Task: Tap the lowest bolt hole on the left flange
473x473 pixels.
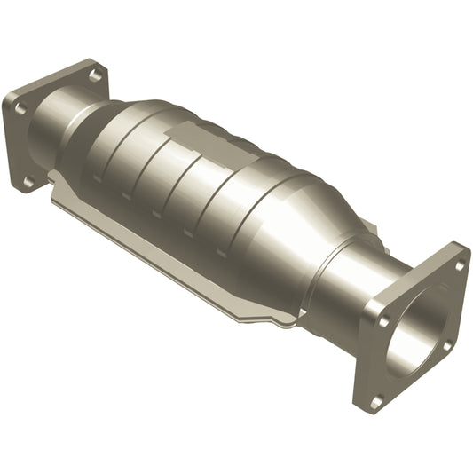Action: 28,181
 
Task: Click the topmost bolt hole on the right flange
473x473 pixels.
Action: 459,264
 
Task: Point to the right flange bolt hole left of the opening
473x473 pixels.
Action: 383,322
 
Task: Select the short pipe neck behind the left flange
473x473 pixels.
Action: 67,133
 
